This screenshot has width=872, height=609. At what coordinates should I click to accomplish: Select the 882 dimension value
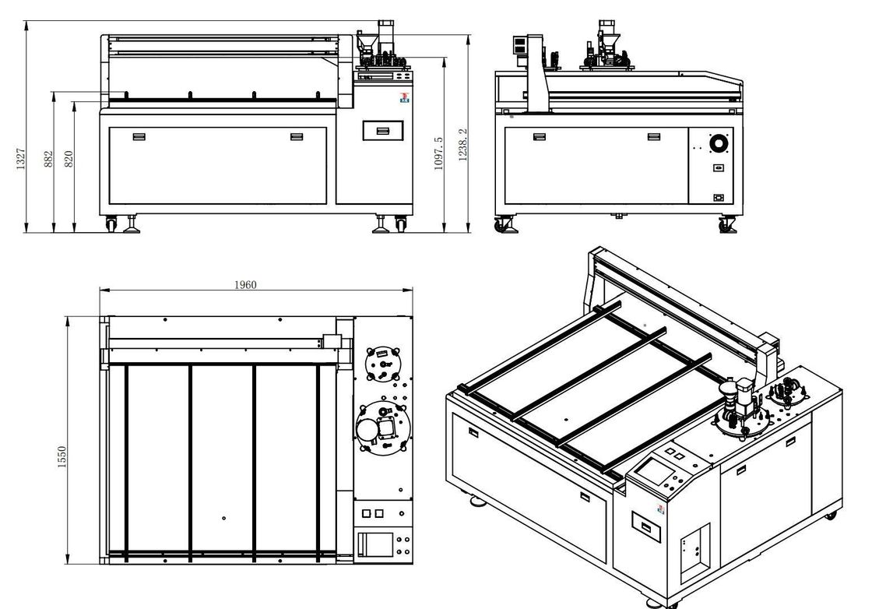tap(48, 159)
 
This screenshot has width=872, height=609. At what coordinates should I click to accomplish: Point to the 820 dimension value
tap(69, 159)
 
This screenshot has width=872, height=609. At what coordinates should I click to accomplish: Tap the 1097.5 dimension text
tap(438, 153)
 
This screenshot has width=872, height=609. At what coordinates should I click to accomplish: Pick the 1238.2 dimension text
tap(463, 146)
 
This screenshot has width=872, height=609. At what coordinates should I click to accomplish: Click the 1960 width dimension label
tap(245, 285)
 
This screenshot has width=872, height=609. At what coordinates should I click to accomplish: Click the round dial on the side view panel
tap(719, 146)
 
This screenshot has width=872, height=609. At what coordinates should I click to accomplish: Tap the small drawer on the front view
tap(383, 131)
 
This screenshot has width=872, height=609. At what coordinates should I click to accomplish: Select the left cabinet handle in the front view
tap(139, 137)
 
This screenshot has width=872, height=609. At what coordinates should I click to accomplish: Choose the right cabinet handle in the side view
tap(654, 137)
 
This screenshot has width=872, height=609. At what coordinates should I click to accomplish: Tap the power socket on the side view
tap(719, 198)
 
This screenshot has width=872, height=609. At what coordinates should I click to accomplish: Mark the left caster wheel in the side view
tap(500, 226)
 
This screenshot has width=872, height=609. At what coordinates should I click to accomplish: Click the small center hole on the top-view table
tap(223, 518)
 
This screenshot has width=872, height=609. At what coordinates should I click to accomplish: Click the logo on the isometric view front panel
tap(661, 510)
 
